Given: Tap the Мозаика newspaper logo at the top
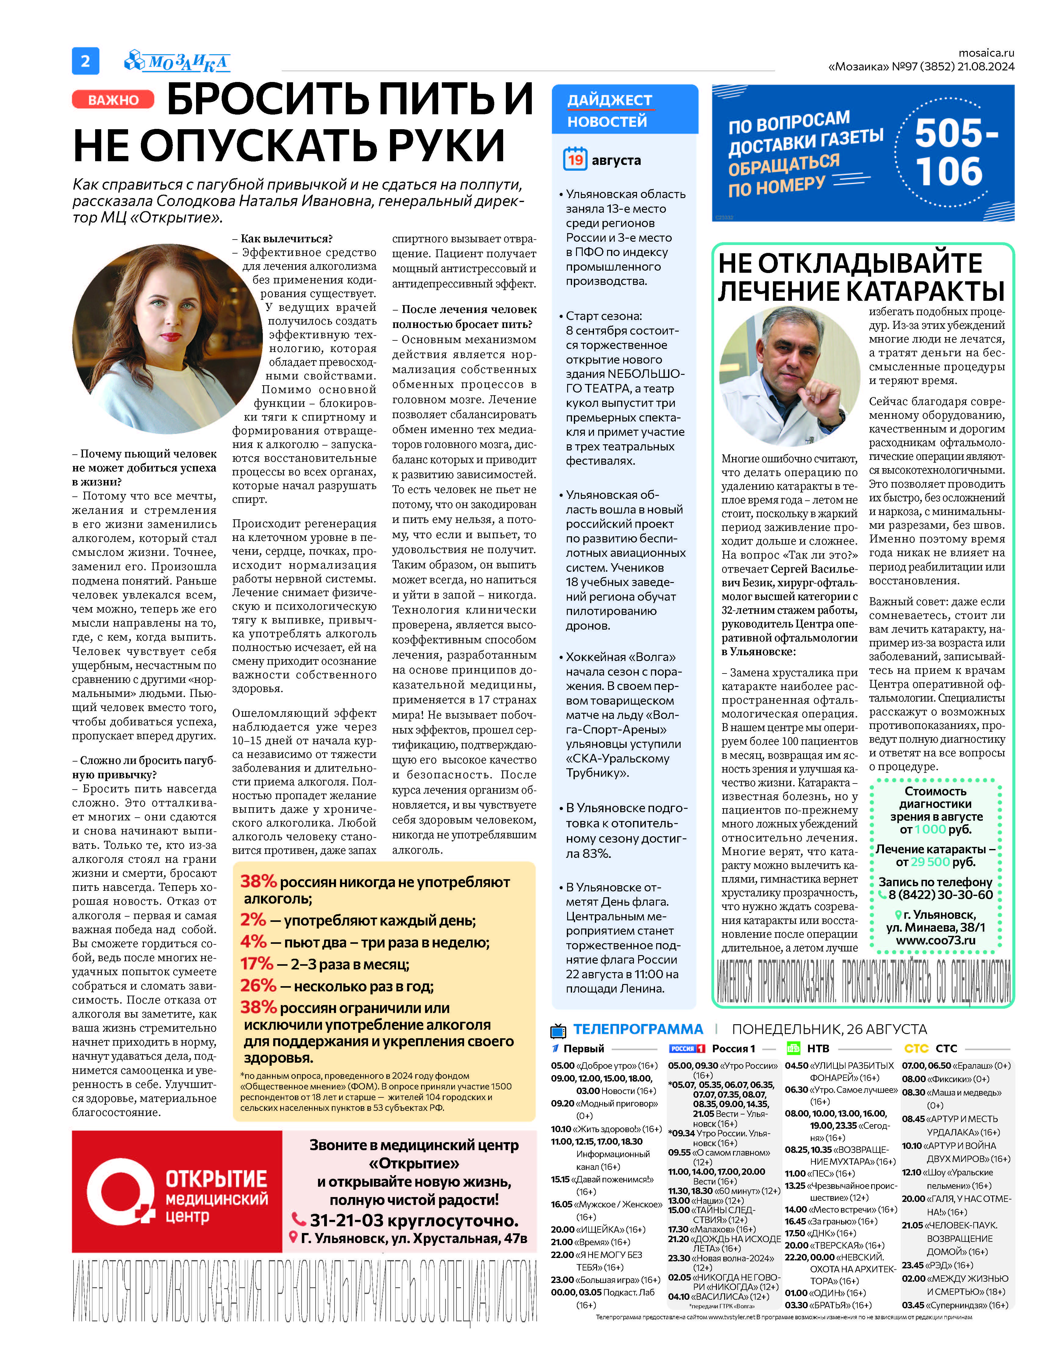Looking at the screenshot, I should coord(178,61).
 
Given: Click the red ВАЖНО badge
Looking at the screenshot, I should coord(113,100).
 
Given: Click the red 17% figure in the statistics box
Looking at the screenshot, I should coord(256,964).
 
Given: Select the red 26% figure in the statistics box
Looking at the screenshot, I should coord(258,985).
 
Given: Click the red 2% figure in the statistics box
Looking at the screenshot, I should coord(253,920).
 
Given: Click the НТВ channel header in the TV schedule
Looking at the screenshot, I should coord(818,1048).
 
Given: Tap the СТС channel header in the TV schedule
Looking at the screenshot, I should coord(946,1048).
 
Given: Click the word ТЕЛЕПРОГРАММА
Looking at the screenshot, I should coord(638,1029).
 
